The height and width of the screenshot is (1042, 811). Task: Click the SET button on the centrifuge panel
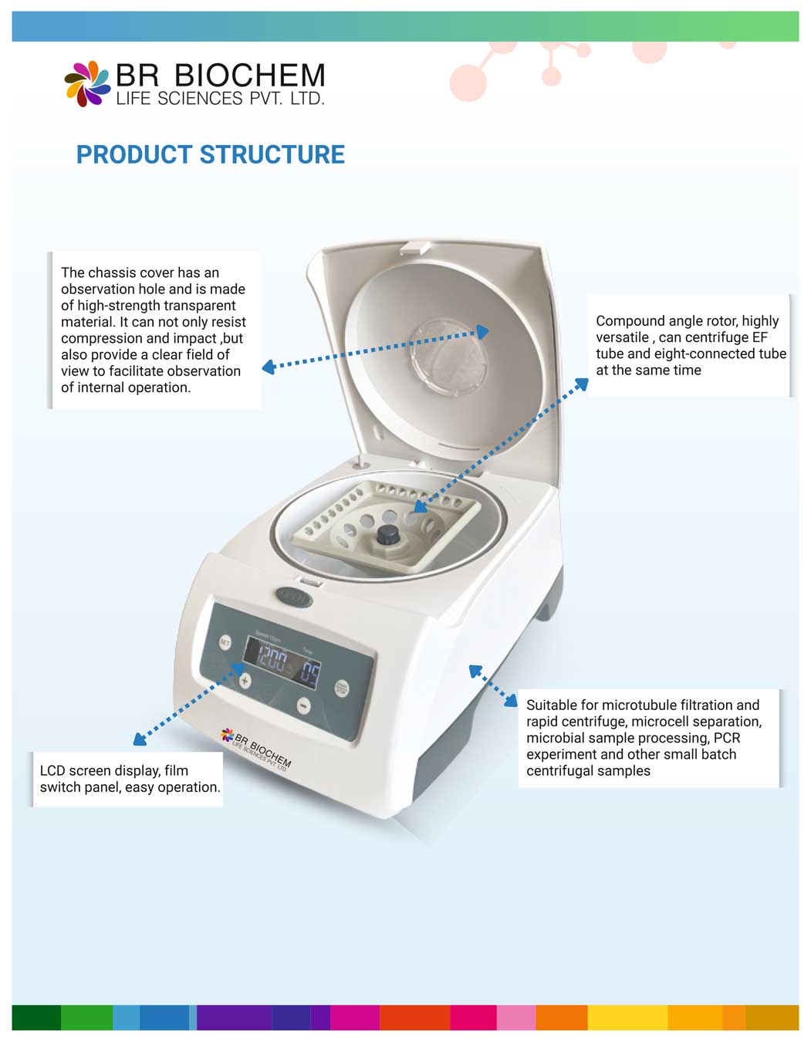(225, 642)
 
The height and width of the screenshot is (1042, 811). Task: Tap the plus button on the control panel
(245, 681)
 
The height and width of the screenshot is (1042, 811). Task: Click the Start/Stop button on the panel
(341, 688)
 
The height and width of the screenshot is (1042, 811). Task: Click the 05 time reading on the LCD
(309, 674)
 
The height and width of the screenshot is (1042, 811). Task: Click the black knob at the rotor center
(387, 534)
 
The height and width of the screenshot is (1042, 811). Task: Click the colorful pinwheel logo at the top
(86, 83)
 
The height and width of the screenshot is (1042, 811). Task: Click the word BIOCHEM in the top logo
(250, 76)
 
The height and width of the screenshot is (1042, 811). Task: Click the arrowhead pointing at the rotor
(419, 506)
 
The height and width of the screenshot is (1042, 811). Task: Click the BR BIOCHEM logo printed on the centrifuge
(256, 746)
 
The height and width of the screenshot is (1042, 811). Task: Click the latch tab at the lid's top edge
(414, 247)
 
